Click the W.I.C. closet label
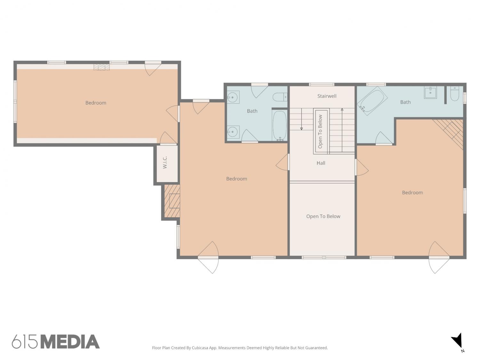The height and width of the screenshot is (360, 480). [165, 162]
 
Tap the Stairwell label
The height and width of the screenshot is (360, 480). [327, 96]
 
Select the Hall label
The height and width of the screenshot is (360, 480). [321, 163]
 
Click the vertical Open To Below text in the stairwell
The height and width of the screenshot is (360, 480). [320, 132]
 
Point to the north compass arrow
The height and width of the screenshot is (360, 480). [458, 342]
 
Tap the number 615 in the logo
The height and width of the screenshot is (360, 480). [25, 342]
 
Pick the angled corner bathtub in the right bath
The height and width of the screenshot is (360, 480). [372, 101]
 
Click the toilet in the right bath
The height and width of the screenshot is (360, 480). [455, 94]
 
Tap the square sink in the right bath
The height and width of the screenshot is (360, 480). [430, 93]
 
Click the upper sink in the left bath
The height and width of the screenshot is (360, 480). [233, 97]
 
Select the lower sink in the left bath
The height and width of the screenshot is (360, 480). [233, 132]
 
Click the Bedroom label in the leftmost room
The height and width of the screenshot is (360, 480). [96, 103]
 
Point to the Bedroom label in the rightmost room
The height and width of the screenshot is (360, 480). [412, 193]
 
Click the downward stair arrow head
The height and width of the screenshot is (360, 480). [301, 129]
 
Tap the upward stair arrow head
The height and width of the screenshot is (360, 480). [342, 109]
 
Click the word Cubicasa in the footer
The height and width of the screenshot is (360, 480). [200, 348]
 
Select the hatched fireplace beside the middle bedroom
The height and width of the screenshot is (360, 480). [172, 201]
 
